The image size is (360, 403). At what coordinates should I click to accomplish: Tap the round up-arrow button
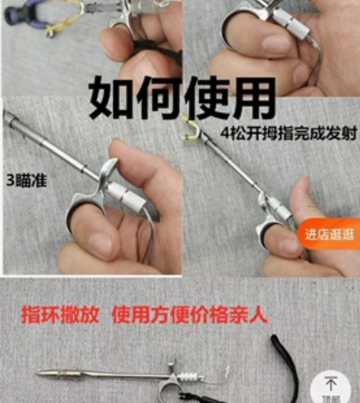331,385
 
